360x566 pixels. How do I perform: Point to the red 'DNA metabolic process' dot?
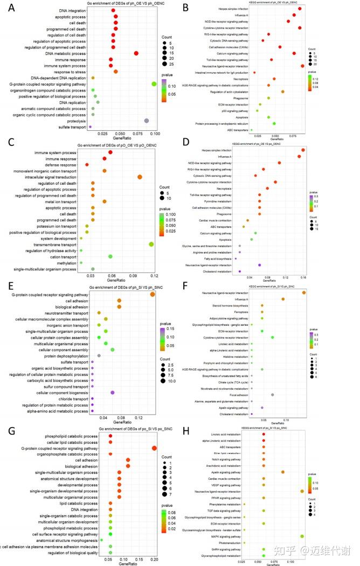click(136, 53)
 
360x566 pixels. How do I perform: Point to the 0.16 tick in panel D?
click(303, 278)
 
